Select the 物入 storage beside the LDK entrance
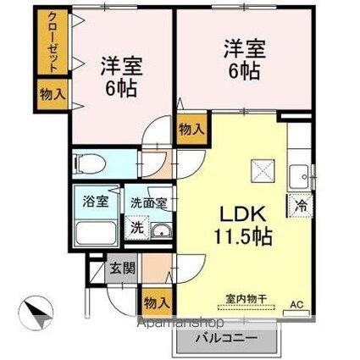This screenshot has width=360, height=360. click(x=191, y=129)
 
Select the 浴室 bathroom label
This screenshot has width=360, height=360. click(x=95, y=202)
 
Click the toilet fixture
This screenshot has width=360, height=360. click(x=90, y=163)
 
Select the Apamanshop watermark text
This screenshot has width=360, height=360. click(x=183, y=324)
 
